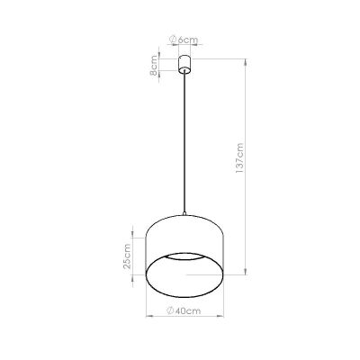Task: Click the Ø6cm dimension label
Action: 185,40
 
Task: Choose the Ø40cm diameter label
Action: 184,310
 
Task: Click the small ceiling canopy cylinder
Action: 184,64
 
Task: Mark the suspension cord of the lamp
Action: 184,144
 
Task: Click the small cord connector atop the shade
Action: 184,215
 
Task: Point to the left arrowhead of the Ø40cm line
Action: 148,319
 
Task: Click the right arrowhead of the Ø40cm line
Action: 220,319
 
